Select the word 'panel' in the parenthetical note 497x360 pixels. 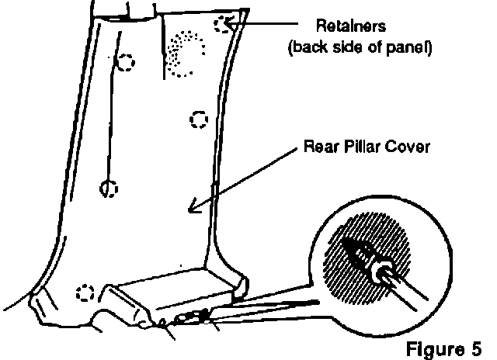click(x=411, y=47)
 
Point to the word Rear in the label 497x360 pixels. click(x=319, y=147)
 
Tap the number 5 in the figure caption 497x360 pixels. click(x=476, y=344)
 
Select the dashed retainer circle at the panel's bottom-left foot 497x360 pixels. click(x=85, y=292)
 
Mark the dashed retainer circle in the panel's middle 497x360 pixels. click(x=200, y=119)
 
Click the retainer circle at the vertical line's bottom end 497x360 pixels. click(x=109, y=188)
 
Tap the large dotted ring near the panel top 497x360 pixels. click(x=183, y=54)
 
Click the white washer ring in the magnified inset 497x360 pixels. click(x=383, y=272)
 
